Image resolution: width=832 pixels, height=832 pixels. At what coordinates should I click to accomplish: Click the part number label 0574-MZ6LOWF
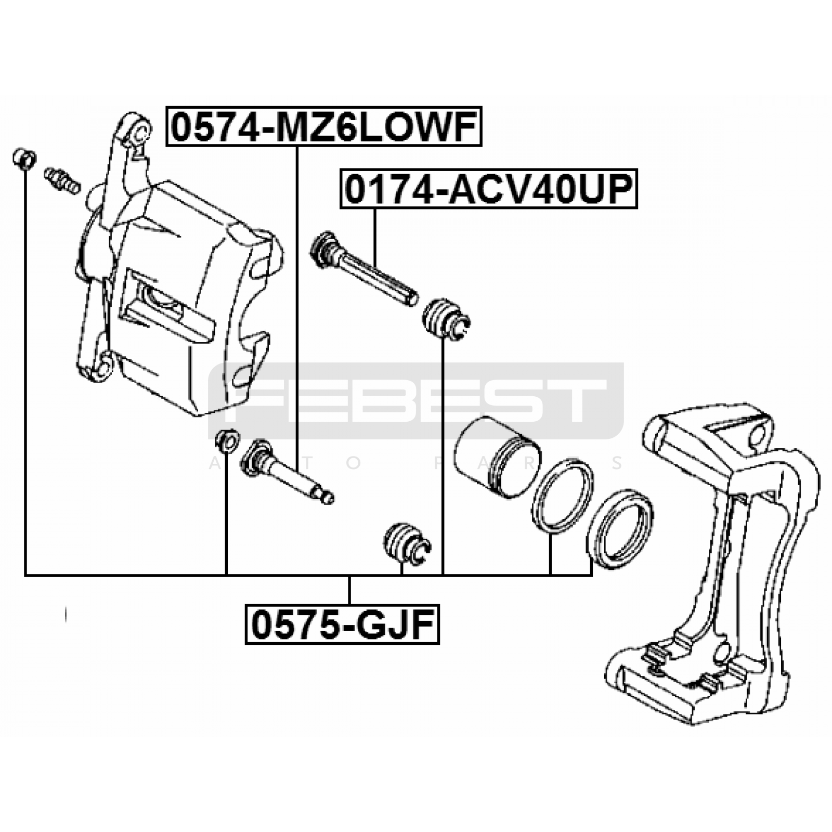coord(324,126)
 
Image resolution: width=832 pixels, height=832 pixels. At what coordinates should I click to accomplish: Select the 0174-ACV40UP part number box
coord(488,188)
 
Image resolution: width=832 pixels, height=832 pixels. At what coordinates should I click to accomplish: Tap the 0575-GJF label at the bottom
coord(342,624)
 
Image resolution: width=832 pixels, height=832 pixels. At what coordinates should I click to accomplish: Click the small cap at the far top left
coord(24,159)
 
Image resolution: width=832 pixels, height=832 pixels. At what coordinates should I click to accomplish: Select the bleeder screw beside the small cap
coord(62,180)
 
